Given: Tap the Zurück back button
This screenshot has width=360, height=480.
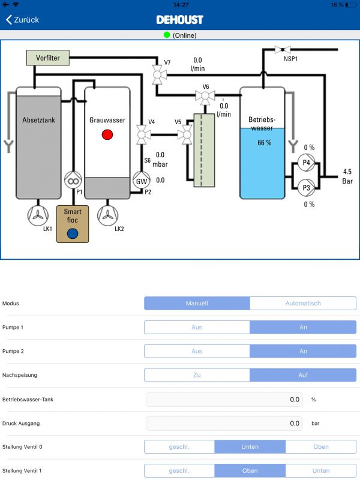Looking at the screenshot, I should [x=23, y=19].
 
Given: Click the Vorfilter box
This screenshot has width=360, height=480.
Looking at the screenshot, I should [x=48, y=58].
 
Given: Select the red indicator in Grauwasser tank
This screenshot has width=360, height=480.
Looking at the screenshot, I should [x=107, y=134].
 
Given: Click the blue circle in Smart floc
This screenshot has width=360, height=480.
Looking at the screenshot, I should [x=73, y=234].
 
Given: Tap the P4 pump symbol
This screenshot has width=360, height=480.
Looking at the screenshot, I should [x=306, y=162].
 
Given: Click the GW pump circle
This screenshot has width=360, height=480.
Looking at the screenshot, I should [x=142, y=181].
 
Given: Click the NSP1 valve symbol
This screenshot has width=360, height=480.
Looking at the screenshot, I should [x=280, y=50].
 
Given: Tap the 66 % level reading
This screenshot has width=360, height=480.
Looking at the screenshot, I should [x=264, y=143].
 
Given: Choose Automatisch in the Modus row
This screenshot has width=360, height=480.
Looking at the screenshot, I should [x=303, y=304].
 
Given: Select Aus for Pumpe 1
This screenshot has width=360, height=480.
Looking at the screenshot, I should [x=197, y=328].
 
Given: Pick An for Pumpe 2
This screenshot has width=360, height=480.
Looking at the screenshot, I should [x=303, y=351].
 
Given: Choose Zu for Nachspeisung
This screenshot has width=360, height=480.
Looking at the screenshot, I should [x=197, y=375].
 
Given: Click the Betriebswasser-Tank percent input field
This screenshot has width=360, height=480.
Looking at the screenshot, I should [x=224, y=399].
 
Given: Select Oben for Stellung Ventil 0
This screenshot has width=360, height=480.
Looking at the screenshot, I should [x=320, y=447].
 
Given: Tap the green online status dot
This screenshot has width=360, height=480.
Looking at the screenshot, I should [x=167, y=35].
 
